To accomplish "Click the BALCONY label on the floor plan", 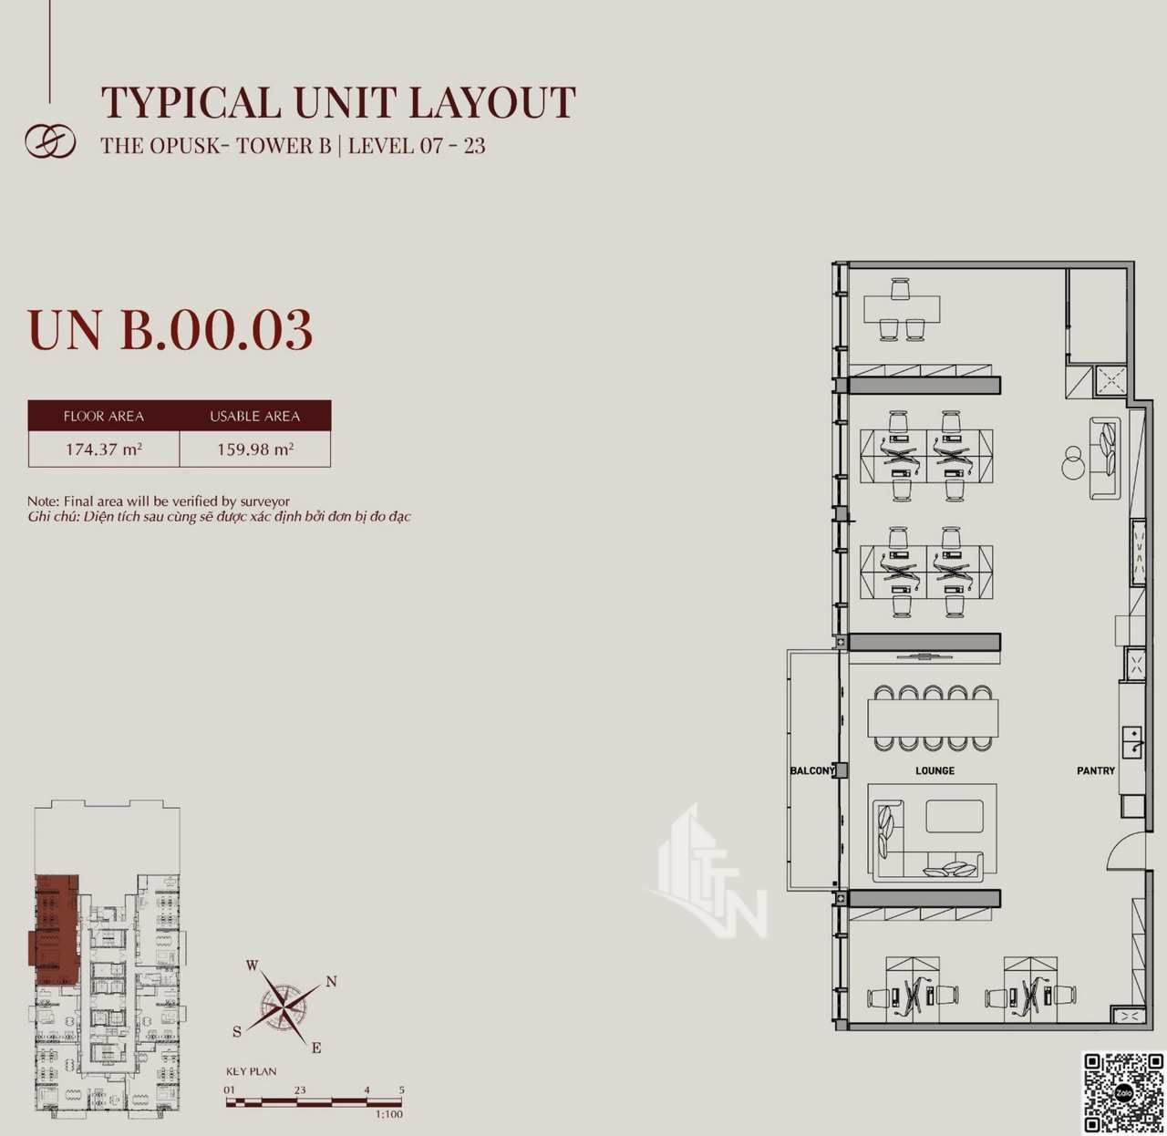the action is coord(812,770).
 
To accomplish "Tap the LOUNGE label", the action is coord(935,770).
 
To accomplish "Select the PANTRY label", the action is coord(1096,770).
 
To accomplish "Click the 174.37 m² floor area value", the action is coord(104,449).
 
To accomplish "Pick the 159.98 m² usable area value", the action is coord(255,449).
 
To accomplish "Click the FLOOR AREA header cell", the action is coord(104,416).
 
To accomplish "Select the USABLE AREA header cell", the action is coord(255,416).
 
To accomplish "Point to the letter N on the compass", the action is coord(331,982).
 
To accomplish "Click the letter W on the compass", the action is coord(252,966).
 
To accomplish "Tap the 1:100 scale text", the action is coord(389,1114).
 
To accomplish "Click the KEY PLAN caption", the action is coord(252,1071).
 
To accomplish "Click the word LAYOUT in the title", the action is coord(491,102).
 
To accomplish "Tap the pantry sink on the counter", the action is coord(1132,743).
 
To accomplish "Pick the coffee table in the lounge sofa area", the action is coord(955,816).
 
